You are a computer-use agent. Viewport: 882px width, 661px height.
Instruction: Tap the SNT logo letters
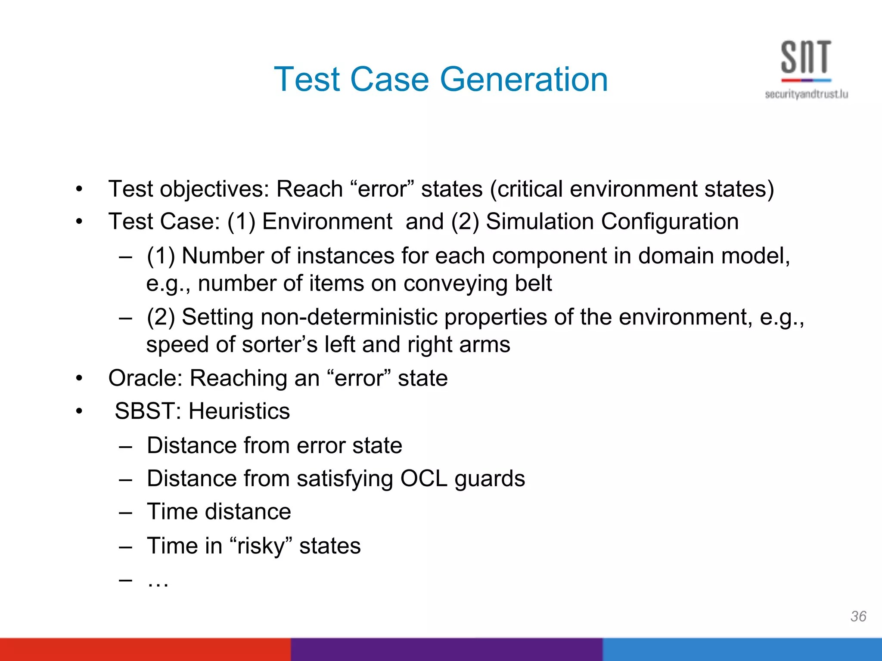point(806,57)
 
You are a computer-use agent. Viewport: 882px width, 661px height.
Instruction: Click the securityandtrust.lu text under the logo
point(806,94)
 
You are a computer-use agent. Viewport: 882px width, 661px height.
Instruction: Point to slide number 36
point(858,616)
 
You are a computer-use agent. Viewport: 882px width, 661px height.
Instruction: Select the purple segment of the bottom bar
point(446,649)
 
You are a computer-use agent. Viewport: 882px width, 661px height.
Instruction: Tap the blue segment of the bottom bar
point(742,649)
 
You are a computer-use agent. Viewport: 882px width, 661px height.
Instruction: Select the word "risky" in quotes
point(261,546)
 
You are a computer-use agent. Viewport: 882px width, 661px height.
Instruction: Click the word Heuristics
point(239,411)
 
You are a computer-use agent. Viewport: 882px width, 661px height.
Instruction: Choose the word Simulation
point(540,222)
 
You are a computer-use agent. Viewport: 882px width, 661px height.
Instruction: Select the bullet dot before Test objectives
point(79,189)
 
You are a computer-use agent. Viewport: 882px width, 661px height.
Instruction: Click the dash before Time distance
point(125,513)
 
